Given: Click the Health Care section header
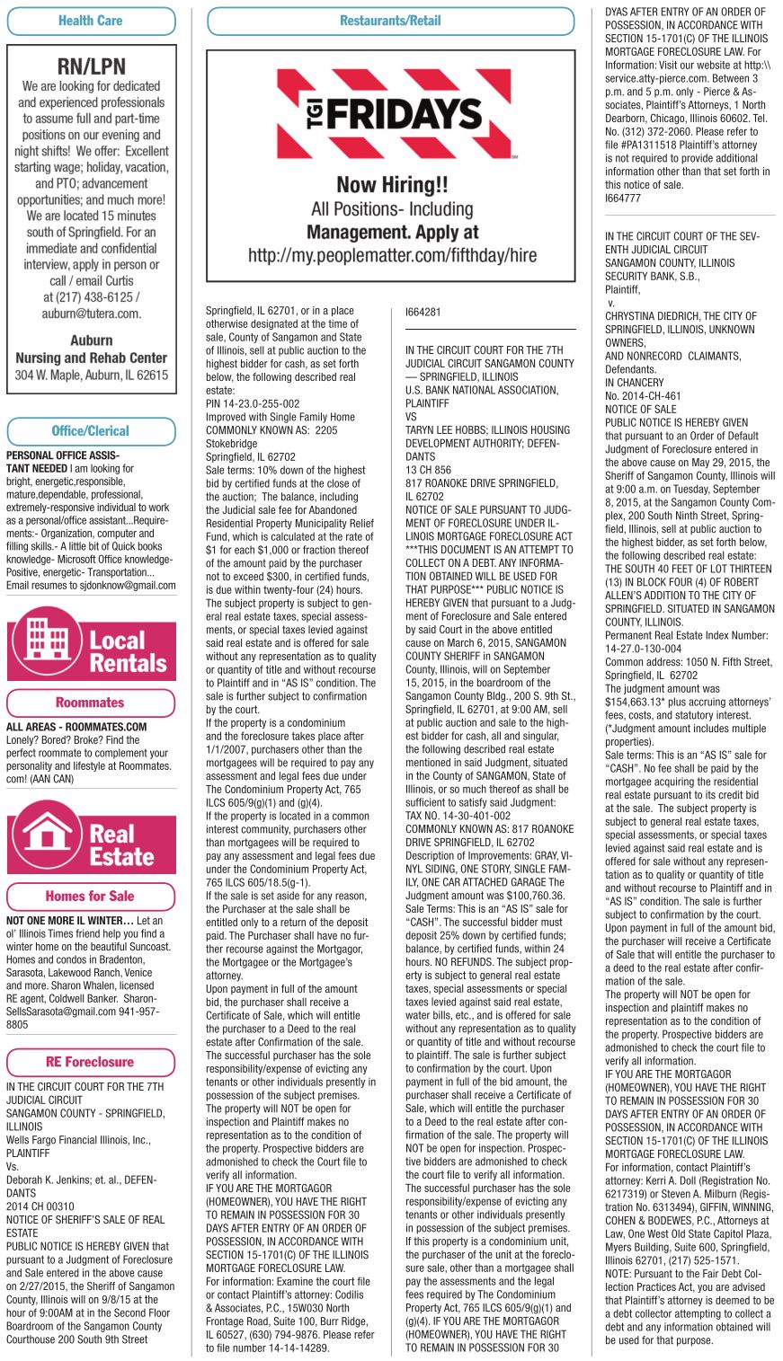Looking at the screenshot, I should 90,21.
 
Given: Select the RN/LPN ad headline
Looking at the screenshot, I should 91,66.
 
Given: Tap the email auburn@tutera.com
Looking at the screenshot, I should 91,314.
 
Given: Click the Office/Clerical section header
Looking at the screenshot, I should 90,431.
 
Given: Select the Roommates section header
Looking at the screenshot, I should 90,703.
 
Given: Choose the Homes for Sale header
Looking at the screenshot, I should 90,896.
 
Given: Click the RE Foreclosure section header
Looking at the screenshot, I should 90,1061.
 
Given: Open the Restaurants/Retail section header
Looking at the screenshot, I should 390,21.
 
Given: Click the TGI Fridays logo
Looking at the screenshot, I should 390,114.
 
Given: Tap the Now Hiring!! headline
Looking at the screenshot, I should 391,186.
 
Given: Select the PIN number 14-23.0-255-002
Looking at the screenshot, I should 253,404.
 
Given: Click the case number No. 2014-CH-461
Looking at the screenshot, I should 644,395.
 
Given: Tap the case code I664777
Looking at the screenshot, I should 623,197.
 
